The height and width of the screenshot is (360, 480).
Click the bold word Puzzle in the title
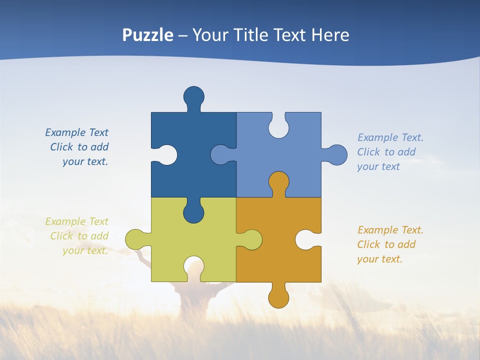point(148,35)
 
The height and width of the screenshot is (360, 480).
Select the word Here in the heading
point(330,35)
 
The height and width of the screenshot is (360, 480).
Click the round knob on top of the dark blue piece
point(193,96)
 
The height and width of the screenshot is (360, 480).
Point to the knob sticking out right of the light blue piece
point(336,155)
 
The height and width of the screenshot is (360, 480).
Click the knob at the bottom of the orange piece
point(278,297)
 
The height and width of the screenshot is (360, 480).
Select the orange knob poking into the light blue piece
point(278,181)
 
